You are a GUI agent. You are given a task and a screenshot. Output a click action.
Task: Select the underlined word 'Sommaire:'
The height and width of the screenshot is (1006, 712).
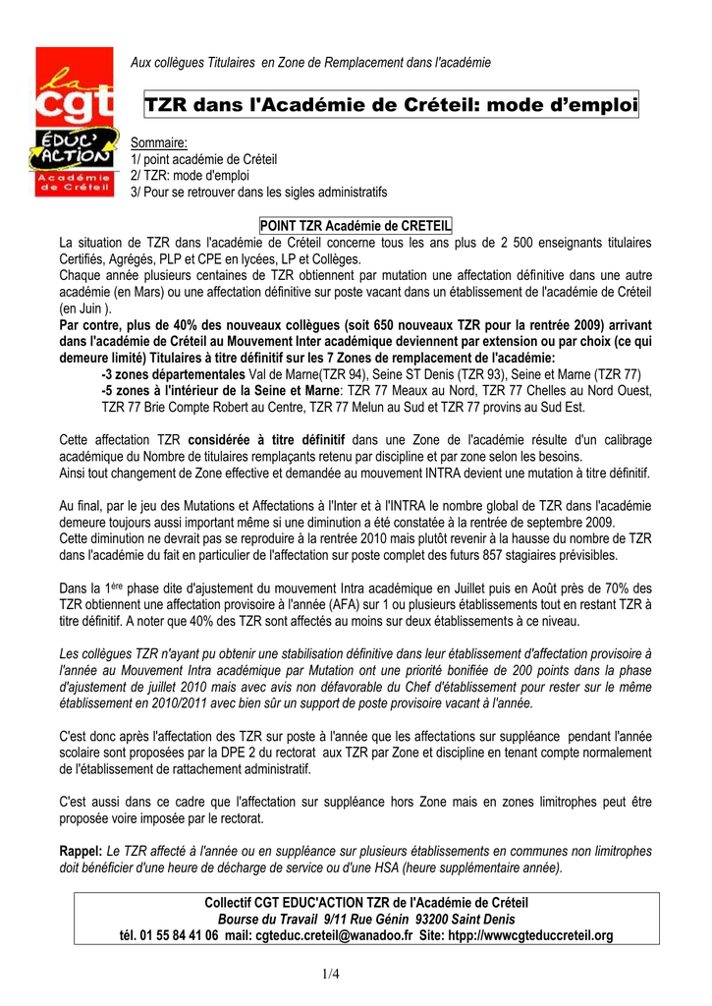point(158,144)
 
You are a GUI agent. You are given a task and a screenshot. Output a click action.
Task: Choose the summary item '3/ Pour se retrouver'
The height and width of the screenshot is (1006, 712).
point(259,191)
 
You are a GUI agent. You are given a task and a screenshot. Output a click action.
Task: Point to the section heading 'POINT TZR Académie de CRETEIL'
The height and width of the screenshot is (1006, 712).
point(355,226)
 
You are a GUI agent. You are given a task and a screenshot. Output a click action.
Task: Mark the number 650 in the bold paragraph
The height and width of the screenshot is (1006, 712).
point(390,324)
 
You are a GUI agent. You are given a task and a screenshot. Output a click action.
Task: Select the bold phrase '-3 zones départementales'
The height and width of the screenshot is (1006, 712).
point(174,374)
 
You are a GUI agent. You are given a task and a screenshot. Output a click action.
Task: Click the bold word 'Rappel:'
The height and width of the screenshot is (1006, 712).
point(81,851)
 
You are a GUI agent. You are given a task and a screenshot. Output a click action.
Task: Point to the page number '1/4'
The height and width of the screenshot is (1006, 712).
point(355,974)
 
